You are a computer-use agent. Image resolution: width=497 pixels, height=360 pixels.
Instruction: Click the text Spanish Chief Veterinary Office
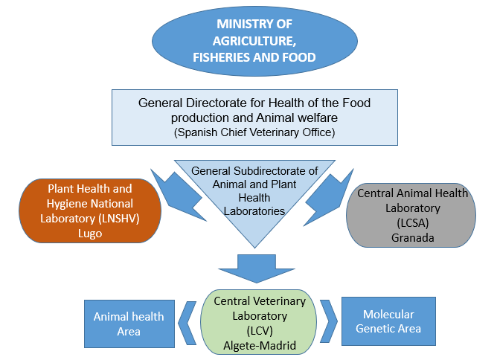coord(254,133)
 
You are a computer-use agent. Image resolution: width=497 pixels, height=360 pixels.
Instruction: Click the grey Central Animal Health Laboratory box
coord(413,216)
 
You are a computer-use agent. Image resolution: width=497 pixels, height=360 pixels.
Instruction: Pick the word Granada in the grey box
coord(413,238)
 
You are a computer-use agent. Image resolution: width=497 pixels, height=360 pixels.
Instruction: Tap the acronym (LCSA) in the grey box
coord(413,223)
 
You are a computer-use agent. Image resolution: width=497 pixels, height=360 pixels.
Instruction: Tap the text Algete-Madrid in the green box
coord(260,345)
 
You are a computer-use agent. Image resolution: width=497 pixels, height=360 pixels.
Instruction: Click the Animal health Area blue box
coord(129,324)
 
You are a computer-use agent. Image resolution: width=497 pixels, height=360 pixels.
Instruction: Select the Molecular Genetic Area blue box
coord(388,321)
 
